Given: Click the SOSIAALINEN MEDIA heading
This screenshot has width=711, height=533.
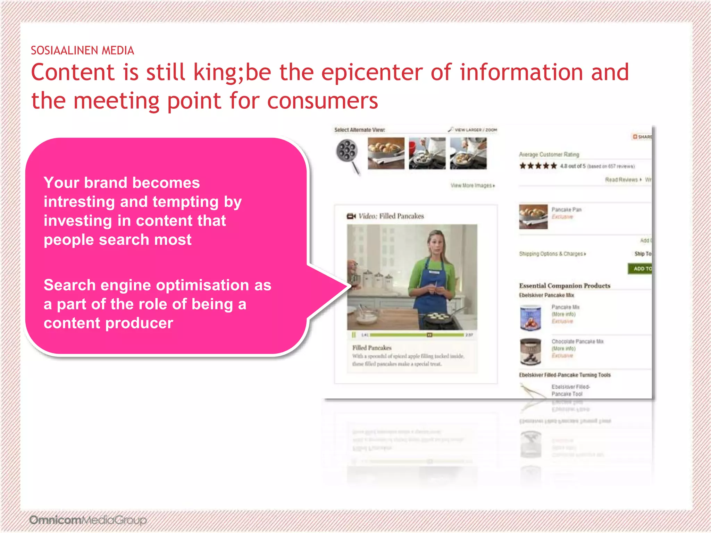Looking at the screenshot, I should tap(82, 51).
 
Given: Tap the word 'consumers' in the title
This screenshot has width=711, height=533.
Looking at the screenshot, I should tap(323, 101).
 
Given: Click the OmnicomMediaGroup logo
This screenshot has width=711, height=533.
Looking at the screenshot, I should tap(88, 520).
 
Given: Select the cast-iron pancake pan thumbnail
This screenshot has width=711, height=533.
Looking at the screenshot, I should tap(347, 155).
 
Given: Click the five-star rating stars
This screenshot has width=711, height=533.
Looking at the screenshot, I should tap(538, 166).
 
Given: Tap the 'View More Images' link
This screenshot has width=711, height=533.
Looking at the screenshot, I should tap(472, 186).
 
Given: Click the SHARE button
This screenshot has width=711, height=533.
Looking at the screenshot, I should tap(642, 137).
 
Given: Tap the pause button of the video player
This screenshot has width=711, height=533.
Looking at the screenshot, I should tap(354, 335).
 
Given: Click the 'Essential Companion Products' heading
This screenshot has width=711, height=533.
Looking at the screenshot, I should tap(564, 286).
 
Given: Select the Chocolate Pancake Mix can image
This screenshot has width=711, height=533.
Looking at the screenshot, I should tap(530, 352).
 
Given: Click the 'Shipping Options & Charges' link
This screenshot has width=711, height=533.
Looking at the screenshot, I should tap(552, 254).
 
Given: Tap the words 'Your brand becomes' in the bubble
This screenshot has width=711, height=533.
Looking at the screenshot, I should tap(122, 183).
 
